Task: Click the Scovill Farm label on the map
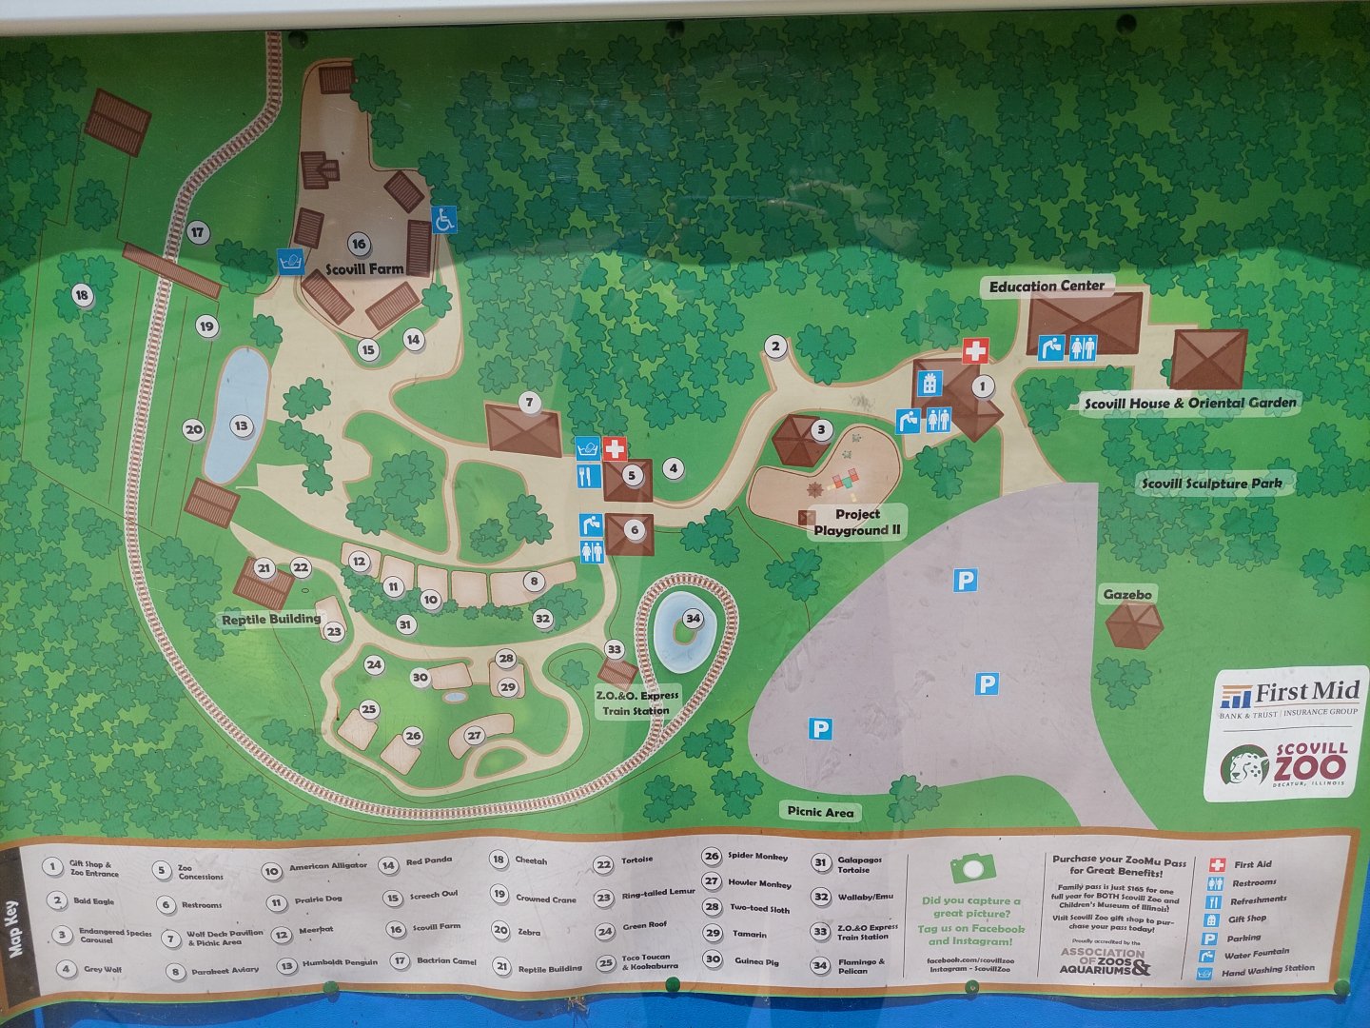365,269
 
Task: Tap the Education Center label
1047,286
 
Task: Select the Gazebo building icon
1134,625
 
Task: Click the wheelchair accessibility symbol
443,220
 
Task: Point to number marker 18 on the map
82,295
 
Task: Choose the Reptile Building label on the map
271,620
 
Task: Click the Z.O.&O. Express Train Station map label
637,702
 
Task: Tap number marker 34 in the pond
693,619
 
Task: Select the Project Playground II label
857,523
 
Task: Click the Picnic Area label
820,812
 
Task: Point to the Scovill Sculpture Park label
1211,484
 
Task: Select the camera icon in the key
971,867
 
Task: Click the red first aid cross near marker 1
975,351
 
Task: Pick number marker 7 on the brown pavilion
530,403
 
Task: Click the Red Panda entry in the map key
428,860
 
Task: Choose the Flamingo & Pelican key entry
860,965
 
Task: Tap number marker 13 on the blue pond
242,426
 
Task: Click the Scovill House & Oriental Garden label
1190,403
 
